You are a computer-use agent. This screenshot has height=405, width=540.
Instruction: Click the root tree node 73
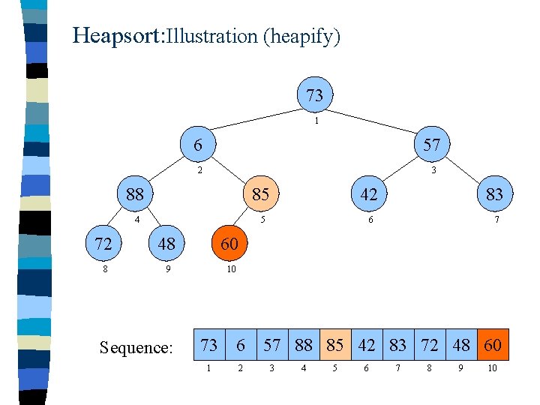(315, 95)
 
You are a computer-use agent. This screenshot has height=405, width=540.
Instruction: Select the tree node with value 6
(197, 145)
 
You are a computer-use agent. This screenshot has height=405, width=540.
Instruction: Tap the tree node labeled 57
(431, 145)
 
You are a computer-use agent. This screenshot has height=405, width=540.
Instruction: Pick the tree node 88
(135, 194)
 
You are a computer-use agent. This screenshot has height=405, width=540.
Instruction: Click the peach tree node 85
(260, 194)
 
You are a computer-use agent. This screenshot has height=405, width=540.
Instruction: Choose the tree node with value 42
(369, 194)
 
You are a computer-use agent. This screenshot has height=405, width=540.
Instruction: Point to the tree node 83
(494, 194)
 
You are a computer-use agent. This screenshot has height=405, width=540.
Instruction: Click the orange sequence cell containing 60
(492, 345)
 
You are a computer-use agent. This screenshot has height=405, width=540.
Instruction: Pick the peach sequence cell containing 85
(335, 345)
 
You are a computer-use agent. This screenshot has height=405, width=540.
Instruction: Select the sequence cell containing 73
(209, 345)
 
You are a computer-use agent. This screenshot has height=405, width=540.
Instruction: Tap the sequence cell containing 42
(367, 345)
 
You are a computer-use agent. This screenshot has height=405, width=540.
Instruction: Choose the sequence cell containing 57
(272, 345)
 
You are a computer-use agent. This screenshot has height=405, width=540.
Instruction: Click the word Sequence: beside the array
(136, 346)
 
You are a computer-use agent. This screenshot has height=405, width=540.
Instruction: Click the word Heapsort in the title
(117, 35)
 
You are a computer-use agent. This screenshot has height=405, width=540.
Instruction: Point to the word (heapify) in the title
(301, 36)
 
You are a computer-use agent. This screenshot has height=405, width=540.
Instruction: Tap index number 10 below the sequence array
(492, 368)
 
